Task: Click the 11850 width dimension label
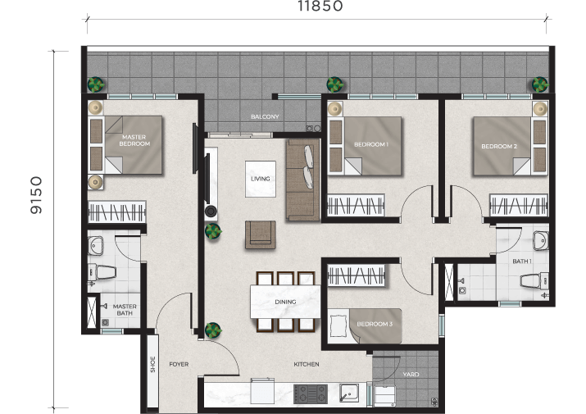point(320,6)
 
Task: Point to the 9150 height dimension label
point(36,195)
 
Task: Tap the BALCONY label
point(265,116)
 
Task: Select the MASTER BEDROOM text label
point(134,140)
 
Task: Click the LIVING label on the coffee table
point(261,179)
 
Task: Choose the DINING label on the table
point(285,302)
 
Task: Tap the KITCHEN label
point(307,364)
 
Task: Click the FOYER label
point(179,364)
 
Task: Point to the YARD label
point(411,374)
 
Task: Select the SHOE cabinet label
point(152,364)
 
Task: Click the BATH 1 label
point(522,261)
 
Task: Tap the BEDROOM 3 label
point(375,324)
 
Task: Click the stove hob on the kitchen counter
point(311,394)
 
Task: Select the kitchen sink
point(349,393)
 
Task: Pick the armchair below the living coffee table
point(261,234)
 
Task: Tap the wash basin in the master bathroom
point(96,246)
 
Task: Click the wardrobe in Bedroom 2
point(519,205)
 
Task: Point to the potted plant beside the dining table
point(213,330)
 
